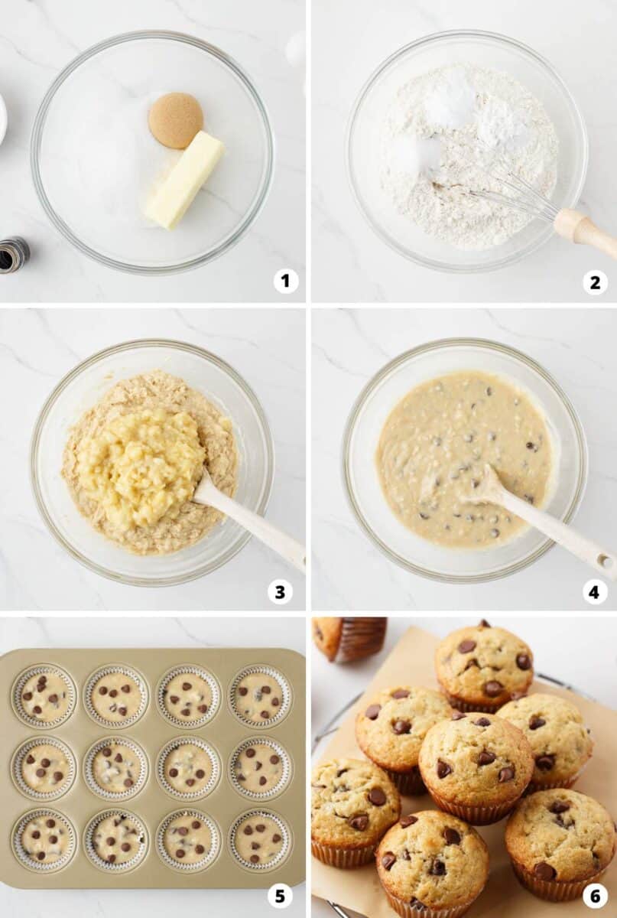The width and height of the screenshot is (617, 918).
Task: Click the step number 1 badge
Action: pyautogui.click(x=285, y=282)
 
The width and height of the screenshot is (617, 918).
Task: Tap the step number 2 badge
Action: pyautogui.click(x=595, y=282)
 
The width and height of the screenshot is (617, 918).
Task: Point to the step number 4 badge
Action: pyautogui.click(x=594, y=592)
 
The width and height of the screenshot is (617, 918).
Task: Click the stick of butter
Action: pyautogui.click(x=185, y=180)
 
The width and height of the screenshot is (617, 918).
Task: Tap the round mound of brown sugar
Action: pyautogui.click(x=176, y=120)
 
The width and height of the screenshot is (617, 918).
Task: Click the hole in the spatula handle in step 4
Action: pyautogui.click(x=602, y=559)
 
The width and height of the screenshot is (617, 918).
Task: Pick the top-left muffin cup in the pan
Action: pyautogui.click(x=44, y=696)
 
